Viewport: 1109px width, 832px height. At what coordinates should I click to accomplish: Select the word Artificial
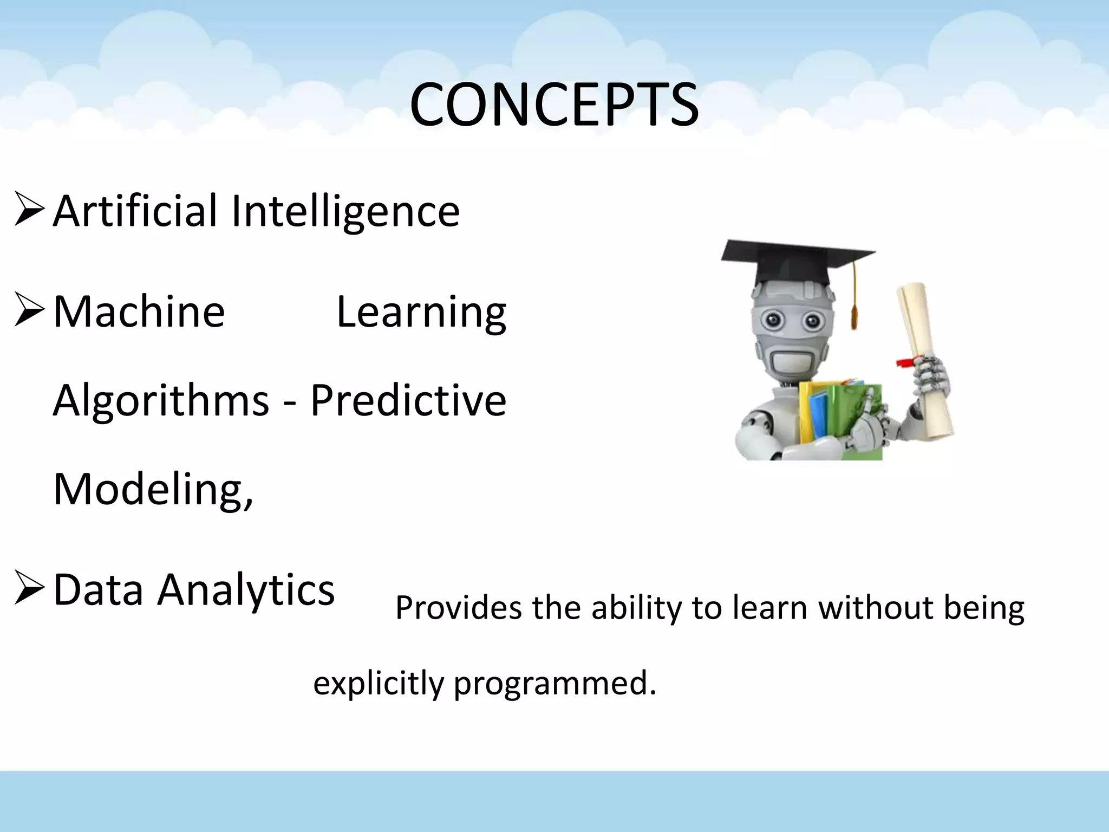(x=135, y=211)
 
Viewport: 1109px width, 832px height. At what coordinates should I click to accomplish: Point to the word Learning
(x=421, y=313)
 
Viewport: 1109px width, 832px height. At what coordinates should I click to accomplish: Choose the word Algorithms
(x=161, y=401)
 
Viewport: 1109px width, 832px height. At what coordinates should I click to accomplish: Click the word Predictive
(x=408, y=401)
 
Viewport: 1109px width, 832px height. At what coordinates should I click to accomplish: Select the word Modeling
(x=152, y=489)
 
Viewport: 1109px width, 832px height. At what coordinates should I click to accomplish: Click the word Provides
(x=458, y=608)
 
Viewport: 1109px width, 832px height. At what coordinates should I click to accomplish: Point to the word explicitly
(x=378, y=684)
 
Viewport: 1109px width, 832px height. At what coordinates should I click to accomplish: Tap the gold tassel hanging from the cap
(x=854, y=303)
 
